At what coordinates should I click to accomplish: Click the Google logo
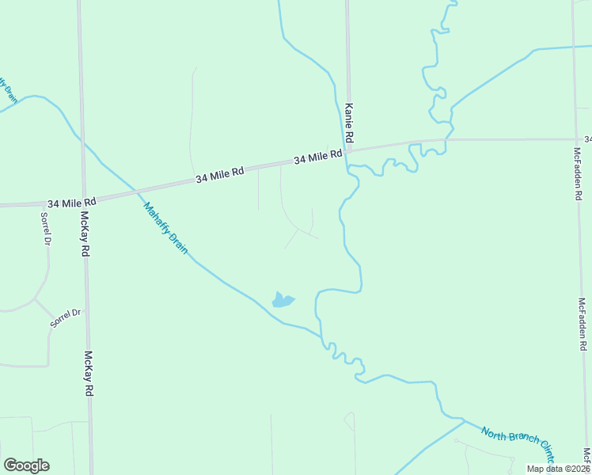pos(26,465)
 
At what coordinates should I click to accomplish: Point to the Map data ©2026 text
pos(559,469)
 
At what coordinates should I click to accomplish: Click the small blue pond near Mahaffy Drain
pos(283,300)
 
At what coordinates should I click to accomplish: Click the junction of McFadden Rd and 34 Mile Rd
pos(575,139)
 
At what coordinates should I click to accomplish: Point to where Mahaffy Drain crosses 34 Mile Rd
pos(134,190)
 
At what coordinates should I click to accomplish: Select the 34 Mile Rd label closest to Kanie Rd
pos(317,158)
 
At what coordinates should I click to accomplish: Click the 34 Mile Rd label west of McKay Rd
pos(71,203)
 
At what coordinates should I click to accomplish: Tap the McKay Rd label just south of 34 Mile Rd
pos(84,234)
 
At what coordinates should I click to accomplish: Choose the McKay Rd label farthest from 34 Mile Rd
pos(89,374)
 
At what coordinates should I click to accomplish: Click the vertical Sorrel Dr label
pos(46,228)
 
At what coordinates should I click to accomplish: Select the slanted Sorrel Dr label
pos(66,318)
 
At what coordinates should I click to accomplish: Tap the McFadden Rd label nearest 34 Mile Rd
pos(578,174)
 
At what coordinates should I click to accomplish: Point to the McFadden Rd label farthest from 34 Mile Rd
pos(583,324)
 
